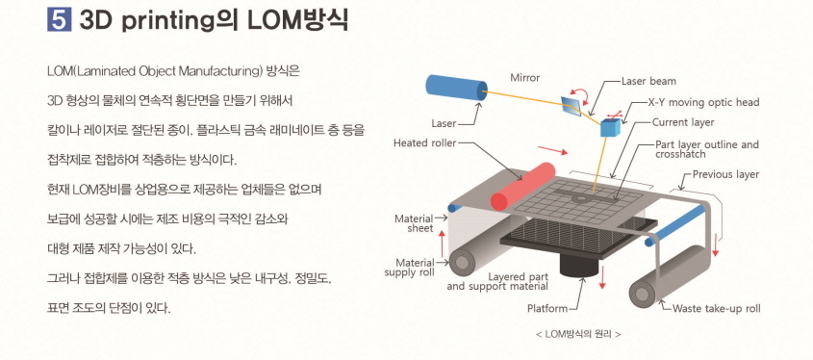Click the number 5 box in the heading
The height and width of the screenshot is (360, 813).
56,19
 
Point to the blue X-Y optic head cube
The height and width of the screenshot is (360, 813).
610,126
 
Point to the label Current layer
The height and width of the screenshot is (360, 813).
683,122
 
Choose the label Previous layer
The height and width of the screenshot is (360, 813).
725,174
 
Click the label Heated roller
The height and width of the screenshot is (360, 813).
423,142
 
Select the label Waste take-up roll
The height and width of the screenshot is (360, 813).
716,309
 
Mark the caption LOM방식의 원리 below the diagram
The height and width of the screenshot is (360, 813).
577,334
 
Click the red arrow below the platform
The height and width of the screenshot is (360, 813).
602,275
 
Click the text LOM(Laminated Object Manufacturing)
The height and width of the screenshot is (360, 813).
153,72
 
